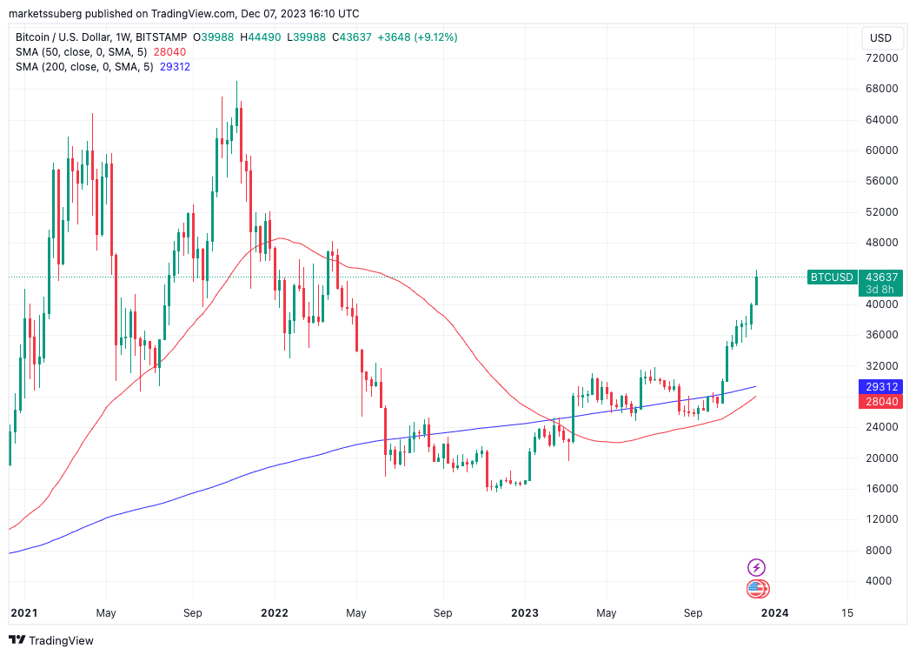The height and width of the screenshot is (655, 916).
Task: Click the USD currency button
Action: tap(880, 37)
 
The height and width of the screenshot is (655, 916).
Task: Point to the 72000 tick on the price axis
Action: tap(879, 57)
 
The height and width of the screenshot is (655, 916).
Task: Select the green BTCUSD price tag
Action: tap(832, 277)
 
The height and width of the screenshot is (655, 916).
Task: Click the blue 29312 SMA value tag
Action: tap(879, 386)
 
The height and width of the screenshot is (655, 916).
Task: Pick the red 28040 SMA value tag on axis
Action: tap(879, 401)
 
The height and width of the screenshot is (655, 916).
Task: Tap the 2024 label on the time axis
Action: tap(774, 612)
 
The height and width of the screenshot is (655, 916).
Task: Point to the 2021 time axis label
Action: tap(23, 612)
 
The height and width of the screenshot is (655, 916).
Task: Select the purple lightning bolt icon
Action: tap(756, 567)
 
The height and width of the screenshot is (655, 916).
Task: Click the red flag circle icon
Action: tap(757, 589)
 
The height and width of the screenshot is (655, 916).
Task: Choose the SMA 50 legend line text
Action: tap(83, 52)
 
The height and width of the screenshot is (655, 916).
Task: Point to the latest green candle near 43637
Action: tap(757, 290)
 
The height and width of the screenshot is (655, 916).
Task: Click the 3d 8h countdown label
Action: tap(879, 290)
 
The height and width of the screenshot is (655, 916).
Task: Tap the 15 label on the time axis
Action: tap(846, 612)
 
